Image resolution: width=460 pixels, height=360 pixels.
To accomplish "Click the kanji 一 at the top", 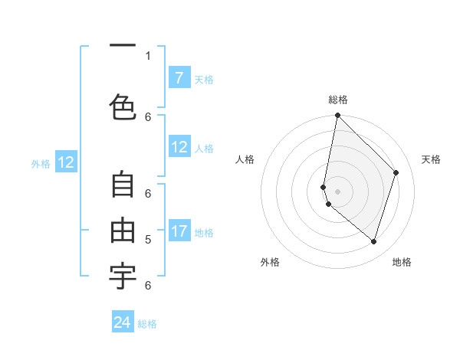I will [x=123, y=46].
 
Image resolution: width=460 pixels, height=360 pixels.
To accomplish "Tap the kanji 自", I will [x=123, y=185].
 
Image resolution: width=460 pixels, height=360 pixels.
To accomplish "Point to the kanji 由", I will [x=123, y=231].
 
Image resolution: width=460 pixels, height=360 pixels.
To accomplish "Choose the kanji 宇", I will [x=123, y=277].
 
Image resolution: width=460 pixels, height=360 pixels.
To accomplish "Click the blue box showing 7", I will [x=179, y=77].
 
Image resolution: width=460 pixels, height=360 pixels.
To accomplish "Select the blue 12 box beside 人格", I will [x=179, y=147].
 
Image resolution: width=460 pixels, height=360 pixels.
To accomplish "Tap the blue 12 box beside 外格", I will [x=65, y=162].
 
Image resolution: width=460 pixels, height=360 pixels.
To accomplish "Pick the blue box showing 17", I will [x=179, y=231].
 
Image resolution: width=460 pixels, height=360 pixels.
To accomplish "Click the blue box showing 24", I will [x=123, y=322].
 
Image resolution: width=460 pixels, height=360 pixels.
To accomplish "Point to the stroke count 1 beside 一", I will [x=148, y=55].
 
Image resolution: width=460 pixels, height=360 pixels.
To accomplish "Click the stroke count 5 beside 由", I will [x=148, y=239].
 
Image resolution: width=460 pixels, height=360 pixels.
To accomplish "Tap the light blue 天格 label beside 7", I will [x=204, y=79].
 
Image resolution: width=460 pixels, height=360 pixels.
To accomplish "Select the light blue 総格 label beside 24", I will [x=147, y=324].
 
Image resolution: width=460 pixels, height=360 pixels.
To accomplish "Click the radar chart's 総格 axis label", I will [x=338, y=100].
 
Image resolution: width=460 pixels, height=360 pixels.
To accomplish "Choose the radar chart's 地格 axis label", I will [x=402, y=262].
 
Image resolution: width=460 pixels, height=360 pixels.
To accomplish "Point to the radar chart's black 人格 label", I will [x=245, y=159].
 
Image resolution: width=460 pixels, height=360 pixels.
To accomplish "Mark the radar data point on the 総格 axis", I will [x=338, y=115].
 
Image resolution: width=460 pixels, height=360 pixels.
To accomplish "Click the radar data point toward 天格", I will [x=396, y=172].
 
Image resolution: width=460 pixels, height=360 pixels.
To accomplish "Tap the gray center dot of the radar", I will [x=338, y=191].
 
